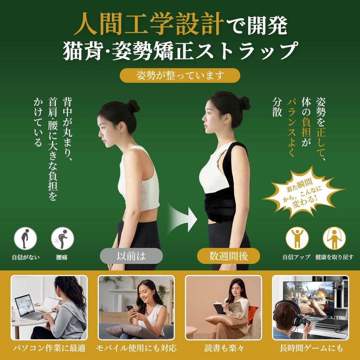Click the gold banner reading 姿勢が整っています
(180, 75)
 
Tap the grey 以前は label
(131, 256)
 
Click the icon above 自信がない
(25, 238)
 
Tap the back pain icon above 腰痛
(62, 238)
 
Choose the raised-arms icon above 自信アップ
(297, 238)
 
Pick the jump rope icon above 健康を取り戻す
(334, 238)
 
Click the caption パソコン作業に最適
(49, 348)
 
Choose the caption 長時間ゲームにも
(311, 348)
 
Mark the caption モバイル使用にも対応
(136, 348)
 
